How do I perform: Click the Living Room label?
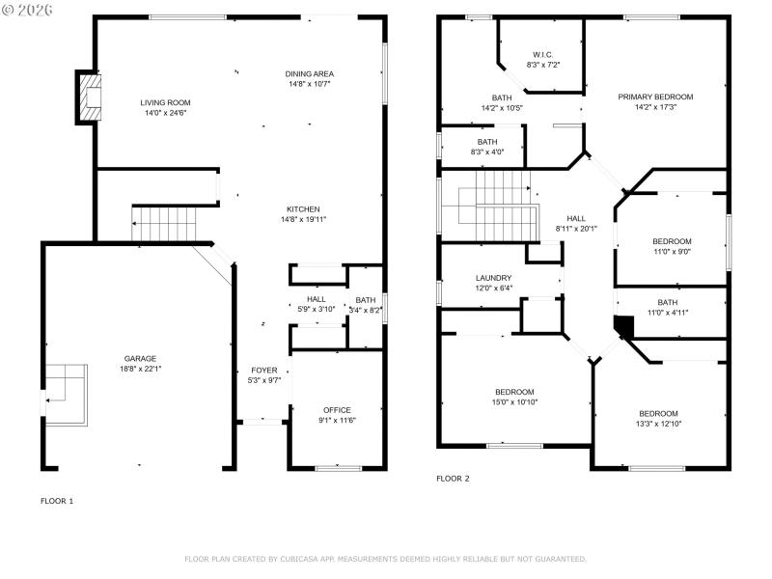click(x=165, y=102)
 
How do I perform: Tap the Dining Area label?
click(x=310, y=74)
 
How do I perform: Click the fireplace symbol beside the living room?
click(x=90, y=97)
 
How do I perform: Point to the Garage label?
click(x=140, y=358)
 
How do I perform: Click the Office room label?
click(x=337, y=410)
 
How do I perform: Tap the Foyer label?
click(x=264, y=371)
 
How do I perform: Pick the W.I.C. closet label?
click(x=543, y=54)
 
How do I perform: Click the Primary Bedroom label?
click(x=656, y=96)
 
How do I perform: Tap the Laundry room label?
click(x=493, y=277)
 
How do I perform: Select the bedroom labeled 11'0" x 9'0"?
click(x=672, y=241)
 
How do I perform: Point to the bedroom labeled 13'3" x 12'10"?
click(x=657, y=413)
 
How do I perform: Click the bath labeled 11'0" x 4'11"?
click(x=668, y=302)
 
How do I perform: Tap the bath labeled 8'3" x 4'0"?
click(x=487, y=142)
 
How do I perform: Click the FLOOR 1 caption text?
click(x=56, y=501)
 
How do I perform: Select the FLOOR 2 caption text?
click(x=453, y=479)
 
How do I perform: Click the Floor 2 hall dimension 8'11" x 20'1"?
click(x=576, y=229)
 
